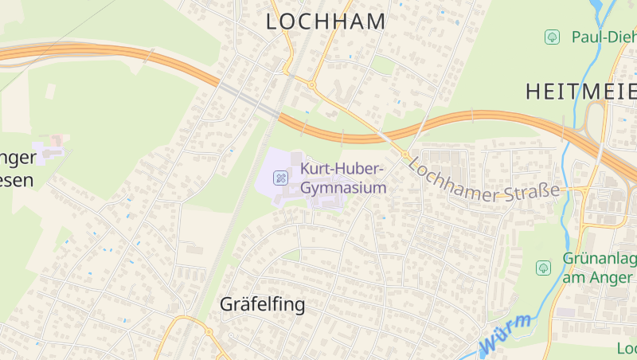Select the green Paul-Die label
point(604,37)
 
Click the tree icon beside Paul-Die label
point(551,37)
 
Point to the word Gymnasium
point(343,188)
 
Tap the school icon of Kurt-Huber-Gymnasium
point(280,178)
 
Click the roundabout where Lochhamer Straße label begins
point(404,154)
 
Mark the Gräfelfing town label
point(262,304)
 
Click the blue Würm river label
point(506,335)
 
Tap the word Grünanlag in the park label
point(599,260)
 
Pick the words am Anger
point(599,277)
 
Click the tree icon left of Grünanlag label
point(543,268)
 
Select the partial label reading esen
point(17,180)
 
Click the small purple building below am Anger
point(565,311)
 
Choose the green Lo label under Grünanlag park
point(627,348)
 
